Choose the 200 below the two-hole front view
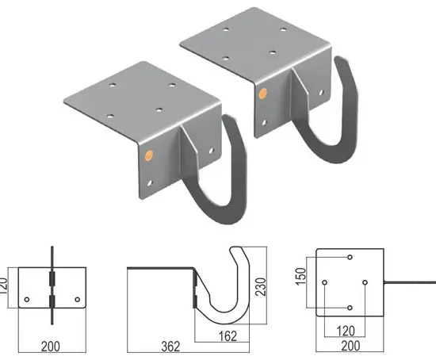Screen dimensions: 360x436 [52, 347]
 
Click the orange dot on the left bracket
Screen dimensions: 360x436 [147, 156]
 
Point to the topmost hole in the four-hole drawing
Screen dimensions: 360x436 [350, 258]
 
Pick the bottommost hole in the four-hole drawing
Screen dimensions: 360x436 [350, 308]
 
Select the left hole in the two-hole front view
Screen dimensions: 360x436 [28, 299]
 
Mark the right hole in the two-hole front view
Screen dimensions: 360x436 [76, 299]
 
